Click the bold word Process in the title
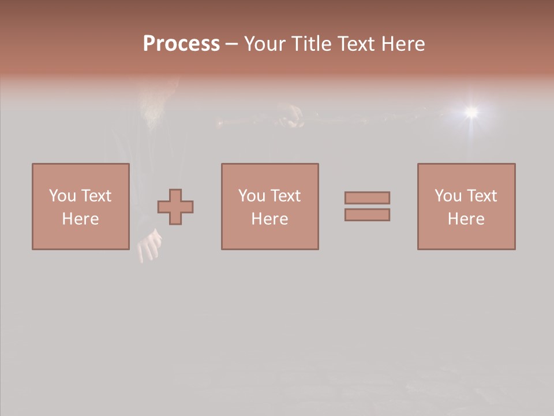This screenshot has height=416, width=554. click(x=181, y=44)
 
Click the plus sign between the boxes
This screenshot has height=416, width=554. click(x=175, y=207)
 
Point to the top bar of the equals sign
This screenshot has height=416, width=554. click(x=367, y=198)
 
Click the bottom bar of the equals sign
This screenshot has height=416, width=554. click(x=367, y=215)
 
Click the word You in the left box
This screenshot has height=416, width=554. click(x=62, y=196)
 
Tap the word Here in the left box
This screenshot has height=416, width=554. click(x=80, y=219)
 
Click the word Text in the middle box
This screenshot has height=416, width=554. click(x=285, y=196)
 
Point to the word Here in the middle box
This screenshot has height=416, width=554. click(x=269, y=219)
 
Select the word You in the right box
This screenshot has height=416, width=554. click(x=448, y=196)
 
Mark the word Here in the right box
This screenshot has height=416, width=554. click(x=466, y=219)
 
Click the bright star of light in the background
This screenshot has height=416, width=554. click(x=471, y=111)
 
